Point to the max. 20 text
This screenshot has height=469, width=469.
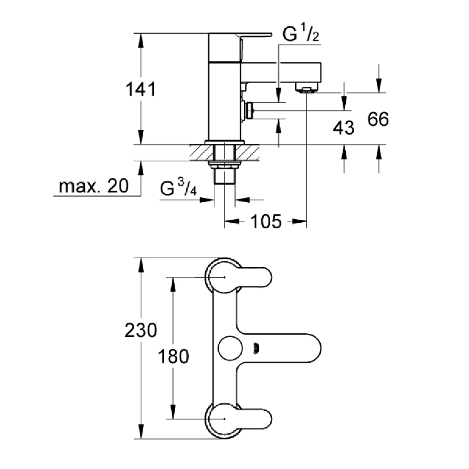coord(93,186)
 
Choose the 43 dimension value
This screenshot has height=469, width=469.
coord(343,128)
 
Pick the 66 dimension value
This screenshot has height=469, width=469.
coord(378,119)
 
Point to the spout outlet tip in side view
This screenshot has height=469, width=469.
coord(308,89)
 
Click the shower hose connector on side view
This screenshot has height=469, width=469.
coord(250,111)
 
